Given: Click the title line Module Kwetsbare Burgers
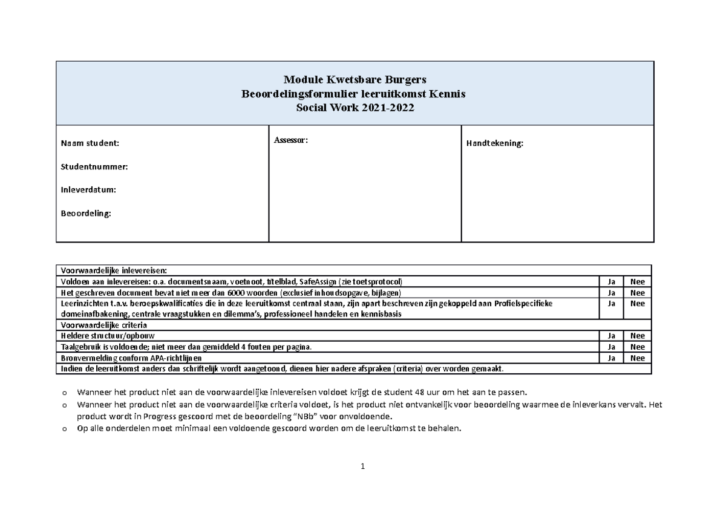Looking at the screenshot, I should [x=355, y=80].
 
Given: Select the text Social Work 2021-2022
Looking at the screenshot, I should [x=355, y=108].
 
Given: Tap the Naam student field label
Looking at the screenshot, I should [x=90, y=143].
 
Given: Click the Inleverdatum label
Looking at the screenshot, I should [x=88, y=189].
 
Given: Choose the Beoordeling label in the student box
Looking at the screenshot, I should [x=86, y=212].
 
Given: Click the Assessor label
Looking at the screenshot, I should [x=291, y=140].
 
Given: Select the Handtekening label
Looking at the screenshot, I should [x=494, y=143].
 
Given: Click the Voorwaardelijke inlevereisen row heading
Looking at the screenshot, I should [x=113, y=270].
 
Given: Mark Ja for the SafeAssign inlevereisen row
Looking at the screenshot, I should [x=612, y=282].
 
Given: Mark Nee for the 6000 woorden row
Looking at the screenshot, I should [x=638, y=293].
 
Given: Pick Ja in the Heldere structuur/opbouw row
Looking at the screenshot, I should [x=612, y=336].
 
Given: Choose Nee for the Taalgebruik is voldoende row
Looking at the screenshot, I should [x=638, y=347].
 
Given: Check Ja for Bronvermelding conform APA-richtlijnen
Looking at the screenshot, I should [x=612, y=358].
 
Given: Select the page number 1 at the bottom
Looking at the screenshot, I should [x=362, y=466].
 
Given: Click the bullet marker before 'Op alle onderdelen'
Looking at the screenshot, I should [x=64, y=429].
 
